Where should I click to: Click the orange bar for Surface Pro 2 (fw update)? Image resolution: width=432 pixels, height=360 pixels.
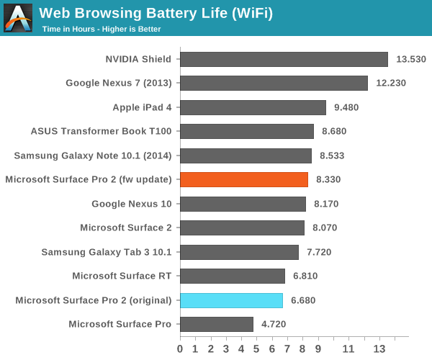coord(244,179)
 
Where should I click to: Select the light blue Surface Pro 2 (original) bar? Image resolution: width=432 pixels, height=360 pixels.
coord(231,300)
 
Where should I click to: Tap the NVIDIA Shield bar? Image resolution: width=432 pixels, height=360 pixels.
coord(284,59)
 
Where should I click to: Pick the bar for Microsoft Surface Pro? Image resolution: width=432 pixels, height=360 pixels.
coord(216,324)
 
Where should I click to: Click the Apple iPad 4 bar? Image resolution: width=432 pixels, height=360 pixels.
coord(253,107)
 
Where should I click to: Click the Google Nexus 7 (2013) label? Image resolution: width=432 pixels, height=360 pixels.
coord(119,83)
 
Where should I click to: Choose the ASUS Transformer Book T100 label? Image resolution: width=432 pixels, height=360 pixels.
coord(101,131)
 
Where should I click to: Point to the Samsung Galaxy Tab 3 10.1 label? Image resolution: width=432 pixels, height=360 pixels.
coord(107,252)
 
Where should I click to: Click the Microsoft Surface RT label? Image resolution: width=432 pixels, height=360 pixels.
coord(122,276)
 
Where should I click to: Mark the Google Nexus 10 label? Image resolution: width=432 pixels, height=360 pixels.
coord(132,204)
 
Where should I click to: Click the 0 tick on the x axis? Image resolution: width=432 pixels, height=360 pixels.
coord(180,349)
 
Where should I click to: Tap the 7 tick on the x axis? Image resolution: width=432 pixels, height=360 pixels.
coord(287,349)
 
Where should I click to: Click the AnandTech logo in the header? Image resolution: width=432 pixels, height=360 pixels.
coord(18,18)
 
